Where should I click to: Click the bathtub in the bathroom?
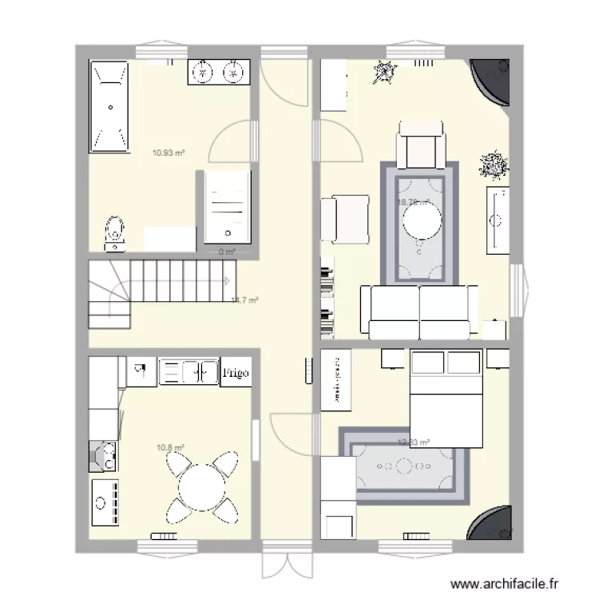109,107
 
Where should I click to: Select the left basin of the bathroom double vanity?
204,73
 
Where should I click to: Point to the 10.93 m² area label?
169,152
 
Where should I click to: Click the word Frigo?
236,372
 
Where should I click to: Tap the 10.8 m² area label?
171,448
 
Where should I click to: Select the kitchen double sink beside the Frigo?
188,371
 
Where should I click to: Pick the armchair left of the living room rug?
345,220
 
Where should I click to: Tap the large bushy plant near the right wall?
492,165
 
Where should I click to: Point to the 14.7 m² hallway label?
244,301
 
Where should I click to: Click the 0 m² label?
228,252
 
